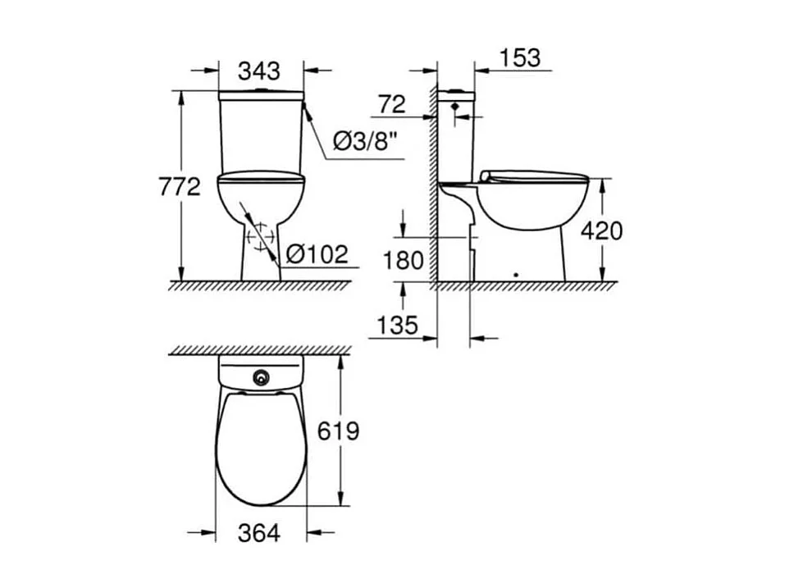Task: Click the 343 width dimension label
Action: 259,71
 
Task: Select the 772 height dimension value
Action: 180,187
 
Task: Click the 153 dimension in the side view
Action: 519,57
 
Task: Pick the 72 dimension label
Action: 393,104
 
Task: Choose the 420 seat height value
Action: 601,230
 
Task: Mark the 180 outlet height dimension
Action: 404,261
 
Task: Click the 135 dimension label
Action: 397,326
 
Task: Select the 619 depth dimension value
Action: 338,430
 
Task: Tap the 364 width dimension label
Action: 258,533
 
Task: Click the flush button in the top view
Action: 262,378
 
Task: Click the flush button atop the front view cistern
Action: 261,88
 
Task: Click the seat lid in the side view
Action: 533,175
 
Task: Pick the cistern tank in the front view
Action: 261,131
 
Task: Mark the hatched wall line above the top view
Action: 260,350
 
